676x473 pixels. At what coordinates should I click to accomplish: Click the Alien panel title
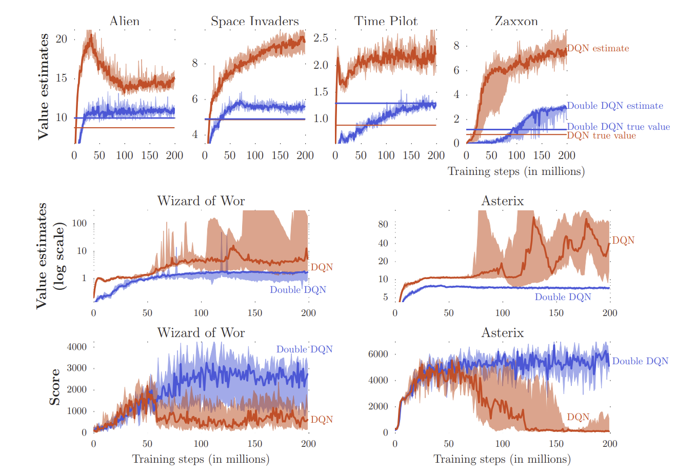click(x=124, y=22)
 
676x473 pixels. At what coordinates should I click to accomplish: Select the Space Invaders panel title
click(x=254, y=22)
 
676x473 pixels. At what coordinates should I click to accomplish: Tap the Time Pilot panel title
click(x=386, y=22)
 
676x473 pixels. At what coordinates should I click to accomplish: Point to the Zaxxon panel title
click(x=516, y=22)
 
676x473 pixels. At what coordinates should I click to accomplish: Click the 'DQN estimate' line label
click(x=598, y=48)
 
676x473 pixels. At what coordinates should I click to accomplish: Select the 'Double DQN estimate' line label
click(x=615, y=106)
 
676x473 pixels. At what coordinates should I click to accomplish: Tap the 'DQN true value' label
click(x=601, y=135)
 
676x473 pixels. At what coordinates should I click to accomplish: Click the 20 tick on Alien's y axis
click(x=61, y=39)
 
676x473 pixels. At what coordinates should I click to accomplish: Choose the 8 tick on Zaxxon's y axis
click(x=456, y=46)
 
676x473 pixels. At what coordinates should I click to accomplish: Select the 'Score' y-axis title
click(x=55, y=387)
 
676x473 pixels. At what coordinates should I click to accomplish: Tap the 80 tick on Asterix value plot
click(x=383, y=224)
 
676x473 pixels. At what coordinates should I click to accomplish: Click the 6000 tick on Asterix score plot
click(x=379, y=354)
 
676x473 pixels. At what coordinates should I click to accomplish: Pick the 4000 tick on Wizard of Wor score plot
click(x=77, y=346)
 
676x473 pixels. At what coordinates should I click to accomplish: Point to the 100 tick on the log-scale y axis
click(x=79, y=223)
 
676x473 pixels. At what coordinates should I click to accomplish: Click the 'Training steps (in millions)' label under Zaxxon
click(x=516, y=171)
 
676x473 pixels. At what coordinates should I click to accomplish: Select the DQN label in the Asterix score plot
click(x=578, y=417)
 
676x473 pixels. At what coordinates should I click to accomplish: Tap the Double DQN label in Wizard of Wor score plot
click(x=304, y=349)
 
